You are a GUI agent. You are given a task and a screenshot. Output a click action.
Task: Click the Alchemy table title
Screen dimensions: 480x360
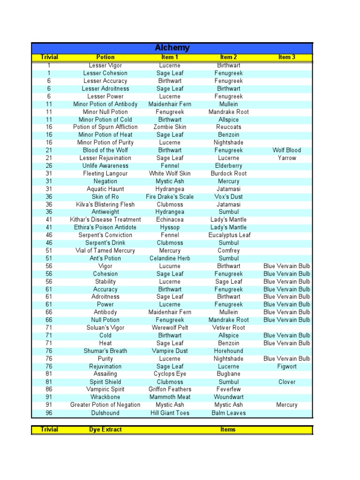172,48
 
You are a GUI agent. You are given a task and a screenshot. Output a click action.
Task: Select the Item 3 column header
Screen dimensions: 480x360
286,57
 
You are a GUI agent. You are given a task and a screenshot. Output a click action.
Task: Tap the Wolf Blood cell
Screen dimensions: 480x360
286,150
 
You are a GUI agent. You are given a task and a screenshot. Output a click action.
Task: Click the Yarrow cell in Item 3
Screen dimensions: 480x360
286,158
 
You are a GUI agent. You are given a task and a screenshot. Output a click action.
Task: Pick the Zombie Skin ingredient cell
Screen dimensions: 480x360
169,127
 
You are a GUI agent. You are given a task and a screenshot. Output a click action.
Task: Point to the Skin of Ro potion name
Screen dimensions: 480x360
105,197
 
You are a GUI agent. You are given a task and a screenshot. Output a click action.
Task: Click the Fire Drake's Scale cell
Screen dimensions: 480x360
169,197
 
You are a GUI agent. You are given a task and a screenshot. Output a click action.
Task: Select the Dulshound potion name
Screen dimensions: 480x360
105,413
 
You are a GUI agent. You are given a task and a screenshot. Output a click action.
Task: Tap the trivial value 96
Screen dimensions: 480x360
49,413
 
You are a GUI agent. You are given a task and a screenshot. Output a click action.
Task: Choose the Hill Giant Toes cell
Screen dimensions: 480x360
169,413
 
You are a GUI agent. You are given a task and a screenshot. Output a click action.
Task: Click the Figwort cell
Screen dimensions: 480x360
286,367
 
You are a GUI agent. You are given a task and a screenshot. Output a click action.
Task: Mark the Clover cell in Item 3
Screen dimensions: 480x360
286,382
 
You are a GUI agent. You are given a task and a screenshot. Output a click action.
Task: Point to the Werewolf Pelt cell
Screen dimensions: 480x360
169,328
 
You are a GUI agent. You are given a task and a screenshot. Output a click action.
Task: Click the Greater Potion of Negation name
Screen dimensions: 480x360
105,405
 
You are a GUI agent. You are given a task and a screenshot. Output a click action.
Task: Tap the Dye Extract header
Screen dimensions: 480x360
105,429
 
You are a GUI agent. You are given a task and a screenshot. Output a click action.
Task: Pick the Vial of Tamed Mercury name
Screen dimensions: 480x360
105,251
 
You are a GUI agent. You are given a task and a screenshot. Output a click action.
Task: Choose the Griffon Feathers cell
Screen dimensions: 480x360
169,390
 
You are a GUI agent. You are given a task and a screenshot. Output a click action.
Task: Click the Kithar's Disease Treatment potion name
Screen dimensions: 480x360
105,220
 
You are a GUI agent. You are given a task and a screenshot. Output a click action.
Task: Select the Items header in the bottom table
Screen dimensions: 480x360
228,429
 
